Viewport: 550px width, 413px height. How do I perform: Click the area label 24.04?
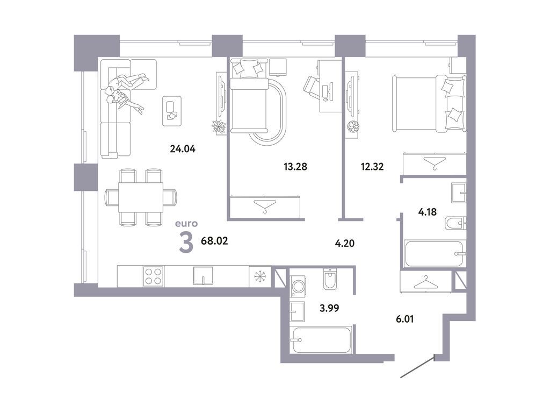tap(182, 149)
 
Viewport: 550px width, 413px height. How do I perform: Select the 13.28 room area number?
tap(295, 166)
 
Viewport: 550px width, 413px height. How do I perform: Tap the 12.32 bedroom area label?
tap(373, 166)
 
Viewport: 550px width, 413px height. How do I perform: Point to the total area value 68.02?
tap(214, 241)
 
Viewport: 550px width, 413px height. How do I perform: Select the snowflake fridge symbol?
tap(260, 276)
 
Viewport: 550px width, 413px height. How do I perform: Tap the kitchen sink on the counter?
tap(203, 276)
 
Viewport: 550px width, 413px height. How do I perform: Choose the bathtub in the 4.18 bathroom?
tap(434, 253)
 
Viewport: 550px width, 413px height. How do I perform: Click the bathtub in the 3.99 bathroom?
tap(321, 339)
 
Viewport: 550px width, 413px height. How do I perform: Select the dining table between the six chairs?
tap(141, 197)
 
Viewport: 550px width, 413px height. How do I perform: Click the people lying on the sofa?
tap(126, 90)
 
